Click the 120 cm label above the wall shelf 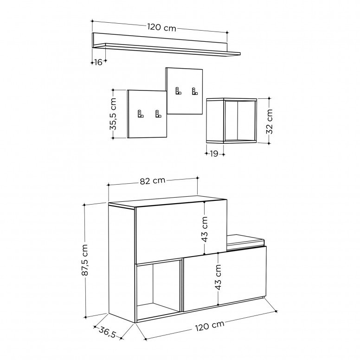pyautogui.click(x=161, y=27)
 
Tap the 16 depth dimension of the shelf pyautogui.click(x=98, y=62)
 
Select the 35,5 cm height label pyautogui.click(x=113, y=114)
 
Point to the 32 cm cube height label pyautogui.click(x=269, y=121)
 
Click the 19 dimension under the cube pyautogui.click(x=214, y=154)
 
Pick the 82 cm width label pyautogui.click(x=153, y=181)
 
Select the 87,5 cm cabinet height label pyautogui.click(x=85, y=260)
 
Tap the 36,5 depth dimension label pyautogui.click(x=108, y=332)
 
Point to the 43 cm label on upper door pyautogui.click(x=205, y=229)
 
